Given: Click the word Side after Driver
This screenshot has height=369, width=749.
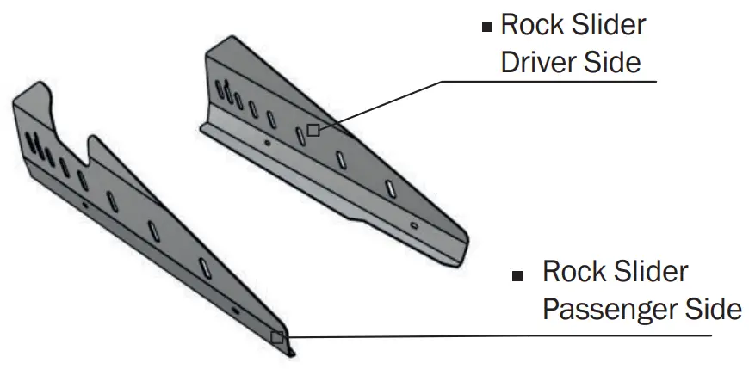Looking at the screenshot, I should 613,63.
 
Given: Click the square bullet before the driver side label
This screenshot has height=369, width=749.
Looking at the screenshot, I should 487,27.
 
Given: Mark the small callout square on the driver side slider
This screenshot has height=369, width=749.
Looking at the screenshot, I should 313,130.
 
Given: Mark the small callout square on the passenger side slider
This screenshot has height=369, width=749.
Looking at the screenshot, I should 276,337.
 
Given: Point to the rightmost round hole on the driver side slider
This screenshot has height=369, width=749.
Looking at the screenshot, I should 414,225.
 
